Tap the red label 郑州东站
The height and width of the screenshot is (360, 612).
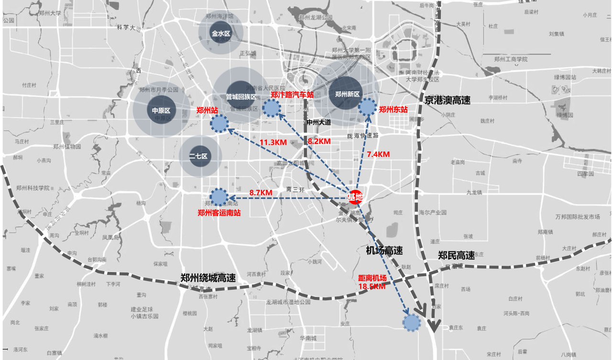coord(393,109)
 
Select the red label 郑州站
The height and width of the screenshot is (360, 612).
coord(207,110)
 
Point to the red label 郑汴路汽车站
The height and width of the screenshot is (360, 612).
coord(292,95)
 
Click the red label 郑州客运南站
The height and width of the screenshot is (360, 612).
coord(219,213)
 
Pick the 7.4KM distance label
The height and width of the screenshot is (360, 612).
coord(378,154)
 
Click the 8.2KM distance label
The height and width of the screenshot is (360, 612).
coord(319,142)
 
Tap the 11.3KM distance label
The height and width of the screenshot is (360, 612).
coord(273,142)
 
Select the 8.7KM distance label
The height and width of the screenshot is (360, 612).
coord(261,192)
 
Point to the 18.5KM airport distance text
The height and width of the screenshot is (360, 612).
coord(372,286)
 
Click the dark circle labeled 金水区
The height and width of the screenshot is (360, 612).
coord(221,34)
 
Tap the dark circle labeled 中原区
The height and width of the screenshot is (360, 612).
coord(162,110)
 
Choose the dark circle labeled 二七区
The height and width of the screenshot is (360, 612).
coord(198,156)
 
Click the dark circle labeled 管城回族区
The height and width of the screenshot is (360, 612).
coord(241,96)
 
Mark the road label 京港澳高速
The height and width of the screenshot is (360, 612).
coord(448,100)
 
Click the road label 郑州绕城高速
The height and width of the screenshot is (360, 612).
coord(208,278)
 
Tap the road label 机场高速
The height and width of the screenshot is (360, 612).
coord(384,251)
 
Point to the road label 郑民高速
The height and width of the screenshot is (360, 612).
coord(457,256)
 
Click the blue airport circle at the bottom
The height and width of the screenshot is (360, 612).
coord(411,323)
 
